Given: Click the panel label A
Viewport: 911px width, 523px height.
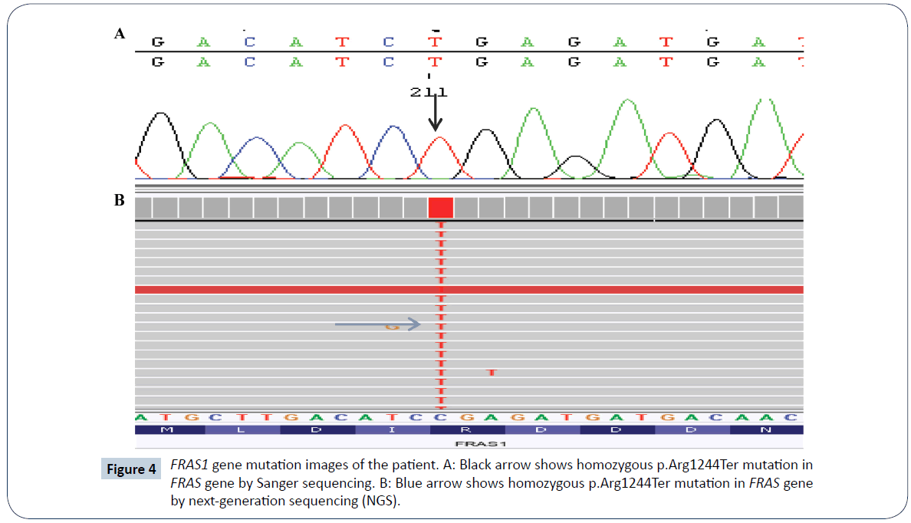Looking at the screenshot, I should (119, 34).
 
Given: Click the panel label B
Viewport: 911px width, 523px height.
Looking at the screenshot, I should (119, 201).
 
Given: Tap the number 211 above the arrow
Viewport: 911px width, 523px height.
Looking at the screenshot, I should (429, 92).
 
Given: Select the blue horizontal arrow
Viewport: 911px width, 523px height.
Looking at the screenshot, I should (378, 324).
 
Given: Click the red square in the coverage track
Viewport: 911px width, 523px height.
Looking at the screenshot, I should (441, 207).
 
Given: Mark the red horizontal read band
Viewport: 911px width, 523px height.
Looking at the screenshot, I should (469, 290).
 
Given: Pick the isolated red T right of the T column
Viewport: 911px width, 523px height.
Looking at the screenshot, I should (492, 372).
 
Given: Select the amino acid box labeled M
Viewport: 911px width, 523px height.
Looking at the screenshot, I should (168, 430).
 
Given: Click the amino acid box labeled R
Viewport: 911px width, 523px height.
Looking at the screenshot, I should (468, 430).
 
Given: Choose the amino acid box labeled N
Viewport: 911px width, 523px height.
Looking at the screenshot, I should (766, 430).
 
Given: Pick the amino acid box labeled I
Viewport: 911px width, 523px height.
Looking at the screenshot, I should (393, 430).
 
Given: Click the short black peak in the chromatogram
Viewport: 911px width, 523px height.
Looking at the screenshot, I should (576, 165).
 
